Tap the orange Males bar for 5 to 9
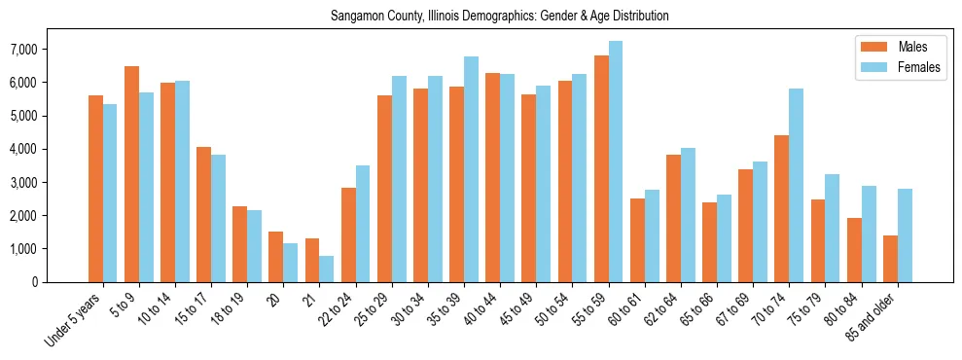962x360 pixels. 131,174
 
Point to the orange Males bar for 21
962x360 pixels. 312,260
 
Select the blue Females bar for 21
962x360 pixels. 327,269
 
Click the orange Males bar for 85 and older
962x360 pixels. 890,258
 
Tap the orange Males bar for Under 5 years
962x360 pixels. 95,189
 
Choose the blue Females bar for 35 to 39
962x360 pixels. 471,169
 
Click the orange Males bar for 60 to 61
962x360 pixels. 637,240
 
